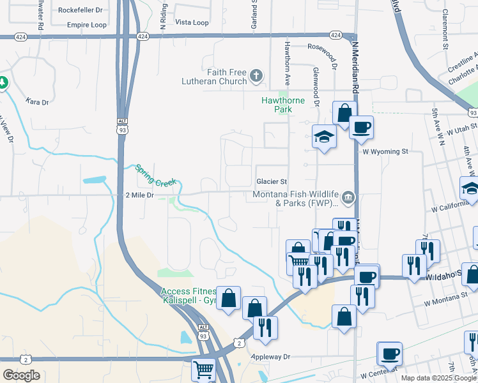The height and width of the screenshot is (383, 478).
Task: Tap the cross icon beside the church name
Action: click(x=256, y=77)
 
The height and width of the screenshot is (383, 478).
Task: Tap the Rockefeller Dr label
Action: click(x=80, y=10)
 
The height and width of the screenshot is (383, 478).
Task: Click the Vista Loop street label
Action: click(x=192, y=22)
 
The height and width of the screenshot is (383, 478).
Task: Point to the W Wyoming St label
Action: click(x=385, y=152)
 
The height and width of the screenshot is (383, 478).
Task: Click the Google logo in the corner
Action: click(x=21, y=375)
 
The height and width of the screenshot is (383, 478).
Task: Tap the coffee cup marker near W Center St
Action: click(x=389, y=353)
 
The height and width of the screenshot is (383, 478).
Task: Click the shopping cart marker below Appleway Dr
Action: click(x=204, y=368)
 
